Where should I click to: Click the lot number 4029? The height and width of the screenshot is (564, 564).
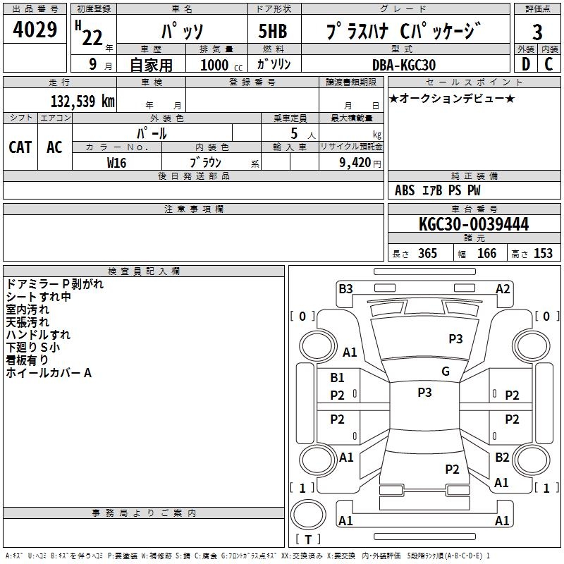click(x=35, y=30)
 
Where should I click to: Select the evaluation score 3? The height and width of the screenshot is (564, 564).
click(x=538, y=32)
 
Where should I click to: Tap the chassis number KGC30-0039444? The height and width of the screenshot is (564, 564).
click(x=474, y=224)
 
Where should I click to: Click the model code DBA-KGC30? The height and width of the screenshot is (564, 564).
click(x=404, y=65)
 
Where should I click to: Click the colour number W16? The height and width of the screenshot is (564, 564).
click(x=116, y=162)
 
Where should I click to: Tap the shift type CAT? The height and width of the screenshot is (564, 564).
click(x=20, y=147)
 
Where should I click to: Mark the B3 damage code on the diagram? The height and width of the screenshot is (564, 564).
click(x=345, y=288)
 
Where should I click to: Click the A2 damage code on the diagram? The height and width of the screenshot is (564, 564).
click(x=503, y=288)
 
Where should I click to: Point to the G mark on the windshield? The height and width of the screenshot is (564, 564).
click(x=446, y=372)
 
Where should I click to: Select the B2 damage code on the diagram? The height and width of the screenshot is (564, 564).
click(x=502, y=458)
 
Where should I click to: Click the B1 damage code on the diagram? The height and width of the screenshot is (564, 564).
click(x=338, y=378)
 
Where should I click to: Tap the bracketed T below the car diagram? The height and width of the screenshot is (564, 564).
click(x=308, y=540)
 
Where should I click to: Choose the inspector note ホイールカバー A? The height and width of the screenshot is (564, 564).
click(x=49, y=373)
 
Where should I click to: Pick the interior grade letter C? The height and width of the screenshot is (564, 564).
click(x=548, y=65)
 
